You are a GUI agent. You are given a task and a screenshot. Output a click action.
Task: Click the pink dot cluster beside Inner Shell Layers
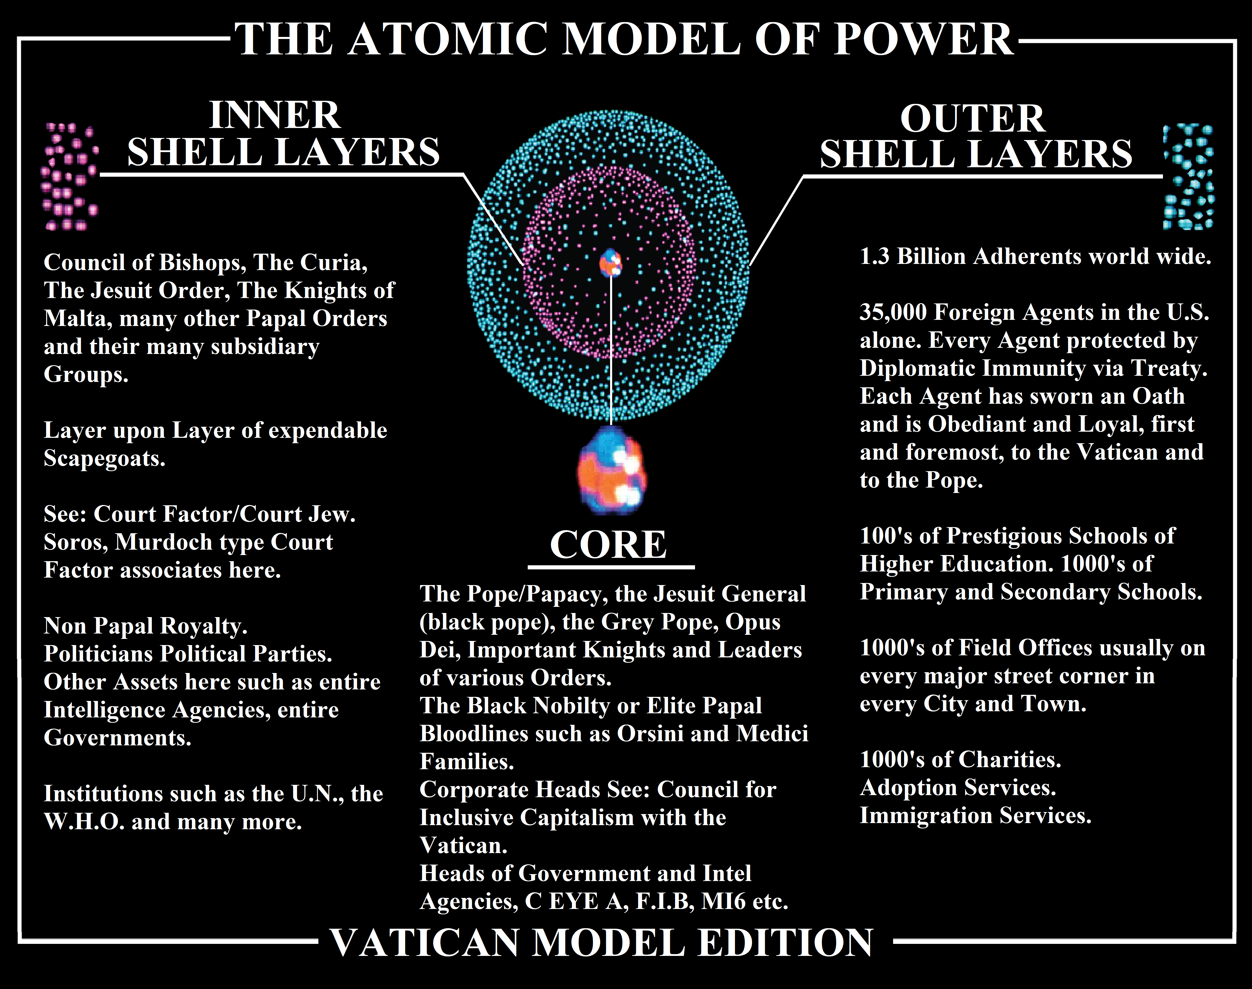point(70,177)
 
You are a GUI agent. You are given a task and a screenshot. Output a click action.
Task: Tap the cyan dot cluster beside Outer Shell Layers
point(1188,177)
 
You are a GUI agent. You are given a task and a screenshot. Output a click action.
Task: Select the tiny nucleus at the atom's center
point(610,263)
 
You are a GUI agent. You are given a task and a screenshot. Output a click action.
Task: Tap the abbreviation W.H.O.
point(84,822)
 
